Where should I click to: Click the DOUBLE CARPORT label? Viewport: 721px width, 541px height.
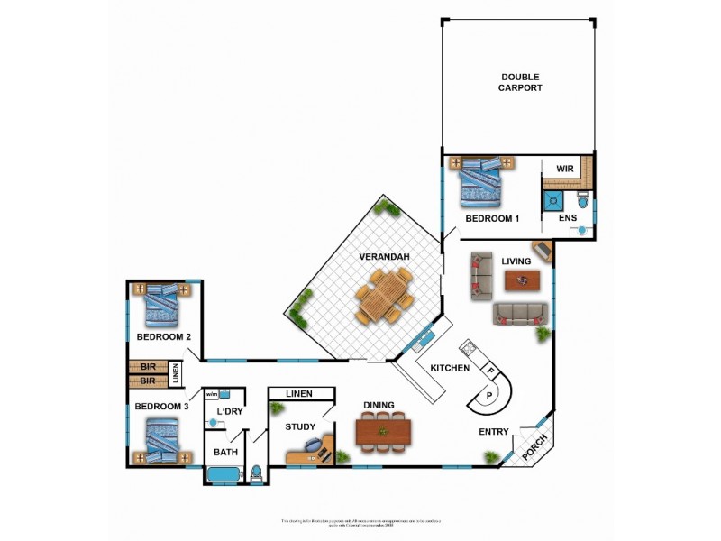521,82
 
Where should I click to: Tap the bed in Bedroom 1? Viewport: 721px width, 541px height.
480,184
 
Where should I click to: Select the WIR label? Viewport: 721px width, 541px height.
565,169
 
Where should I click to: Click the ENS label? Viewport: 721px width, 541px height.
568,218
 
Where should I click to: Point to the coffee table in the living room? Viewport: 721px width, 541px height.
522,280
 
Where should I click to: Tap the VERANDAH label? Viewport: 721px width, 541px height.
385,257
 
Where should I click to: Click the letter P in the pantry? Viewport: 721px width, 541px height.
489,395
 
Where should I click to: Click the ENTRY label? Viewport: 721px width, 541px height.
493,432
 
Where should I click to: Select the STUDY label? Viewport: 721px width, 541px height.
300,426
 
